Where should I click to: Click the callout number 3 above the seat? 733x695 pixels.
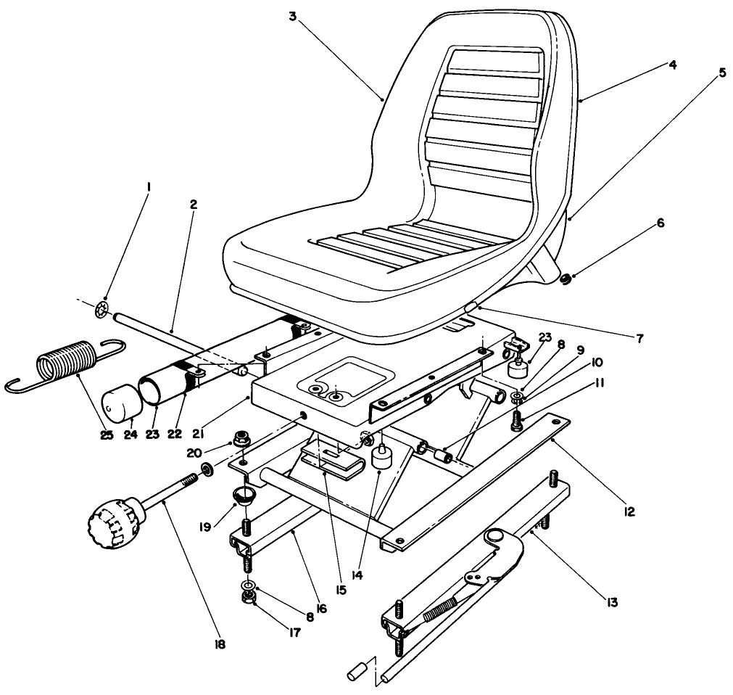pyautogui.click(x=292, y=16)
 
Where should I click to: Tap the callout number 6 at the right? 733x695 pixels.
pyautogui.click(x=660, y=224)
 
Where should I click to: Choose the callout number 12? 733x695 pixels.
pyautogui.click(x=628, y=511)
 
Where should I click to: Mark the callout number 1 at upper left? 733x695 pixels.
pyautogui.click(x=149, y=187)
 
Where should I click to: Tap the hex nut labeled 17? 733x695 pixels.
pyautogui.click(x=247, y=599)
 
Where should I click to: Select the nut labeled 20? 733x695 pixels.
pyautogui.click(x=241, y=459)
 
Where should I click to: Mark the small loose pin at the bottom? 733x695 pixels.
pyautogui.click(x=355, y=671)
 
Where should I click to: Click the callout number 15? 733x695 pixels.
pyautogui.click(x=340, y=589)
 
